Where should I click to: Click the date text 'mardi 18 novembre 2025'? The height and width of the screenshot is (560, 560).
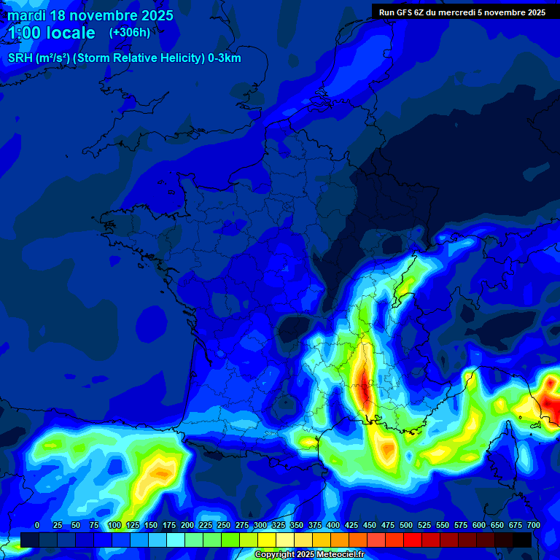click(x=90, y=15)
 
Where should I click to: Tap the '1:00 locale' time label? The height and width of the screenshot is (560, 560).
click(x=52, y=33)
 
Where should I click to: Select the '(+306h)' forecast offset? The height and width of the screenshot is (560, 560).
click(x=130, y=32)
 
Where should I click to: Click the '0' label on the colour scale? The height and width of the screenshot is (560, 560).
click(x=37, y=525)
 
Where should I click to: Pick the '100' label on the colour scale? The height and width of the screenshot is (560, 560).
click(x=114, y=525)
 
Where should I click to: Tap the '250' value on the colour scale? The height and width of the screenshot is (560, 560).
click(x=224, y=525)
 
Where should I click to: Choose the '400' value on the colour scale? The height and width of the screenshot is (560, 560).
click(x=333, y=525)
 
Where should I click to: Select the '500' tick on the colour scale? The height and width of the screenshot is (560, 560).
click(x=406, y=525)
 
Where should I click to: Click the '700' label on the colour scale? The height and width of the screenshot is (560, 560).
click(x=534, y=525)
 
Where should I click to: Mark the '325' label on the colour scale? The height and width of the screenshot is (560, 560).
click(x=279, y=525)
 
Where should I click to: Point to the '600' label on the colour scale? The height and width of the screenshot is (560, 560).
click(x=479, y=525)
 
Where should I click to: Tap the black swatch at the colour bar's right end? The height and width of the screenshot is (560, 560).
click(x=522, y=540)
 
